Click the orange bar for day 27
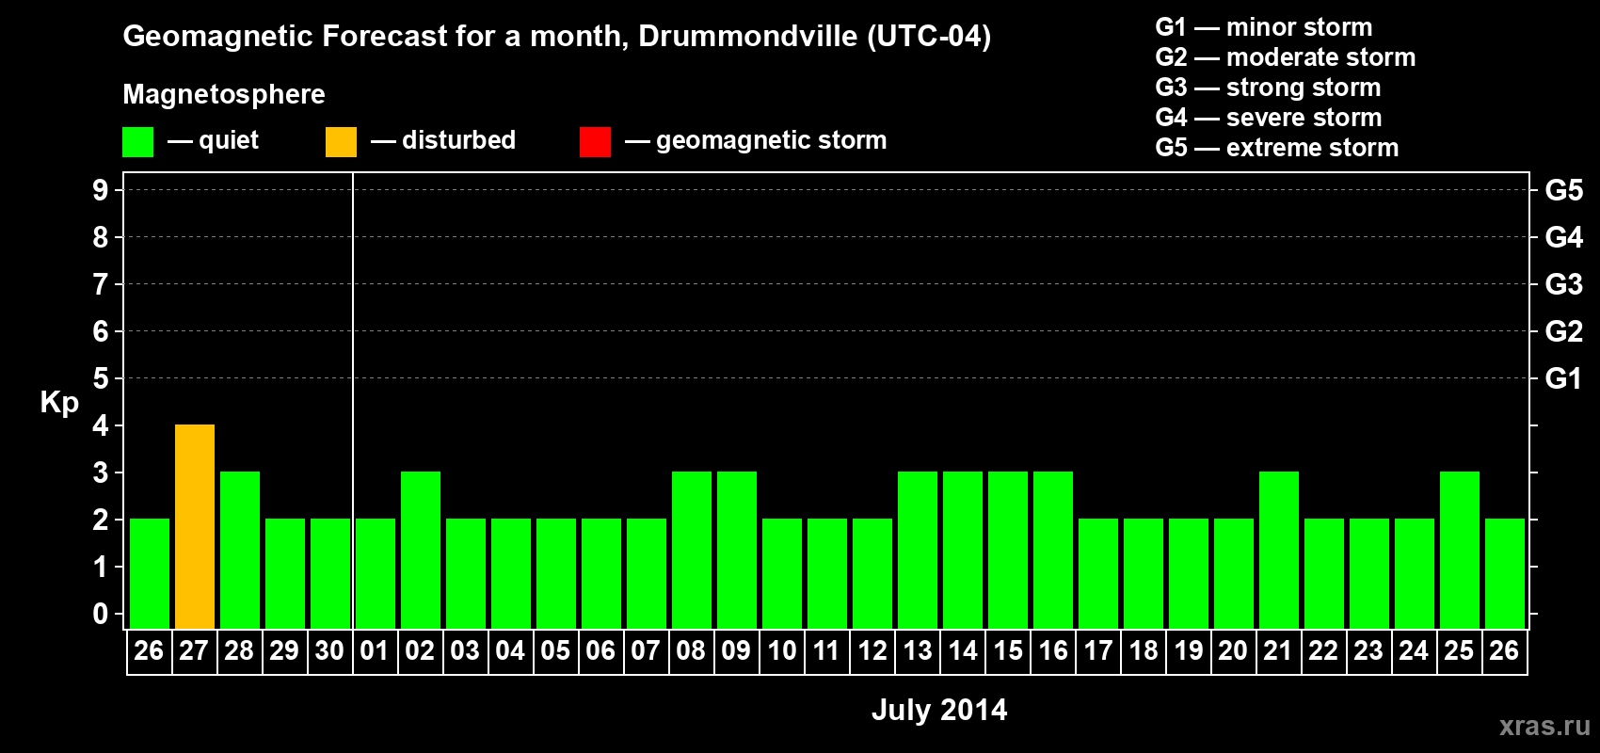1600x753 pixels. click(x=195, y=526)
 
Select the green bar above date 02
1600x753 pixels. click(x=421, y=550)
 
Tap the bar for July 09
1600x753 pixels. click(x=737, y=550)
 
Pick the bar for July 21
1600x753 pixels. click(x=1279, y=550)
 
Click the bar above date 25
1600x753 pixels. click(x=1460, y=550)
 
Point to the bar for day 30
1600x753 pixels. click(x=330, y=573)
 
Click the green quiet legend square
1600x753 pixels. click(x=138, y=142)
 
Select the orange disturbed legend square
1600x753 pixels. click(x=341, y=142)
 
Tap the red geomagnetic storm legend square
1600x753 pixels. click(x=595, y=142)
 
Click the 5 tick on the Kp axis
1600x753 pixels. click(x=101, y=378)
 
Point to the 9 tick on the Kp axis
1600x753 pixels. click(x=101, y=190)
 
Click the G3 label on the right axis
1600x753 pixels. click(x=1563, y=284)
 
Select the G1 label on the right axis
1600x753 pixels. click(x=1563, y=378)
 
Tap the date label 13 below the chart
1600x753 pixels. click(x=918, y=650)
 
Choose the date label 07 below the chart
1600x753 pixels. click(x=646, y=650)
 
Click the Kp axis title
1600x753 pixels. click(x=59, y=403)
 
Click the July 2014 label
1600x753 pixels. click(x=939, y=710)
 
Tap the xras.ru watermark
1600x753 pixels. click(x=1544, y=726)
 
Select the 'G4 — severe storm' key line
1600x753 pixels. click(x=1269, y=118)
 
